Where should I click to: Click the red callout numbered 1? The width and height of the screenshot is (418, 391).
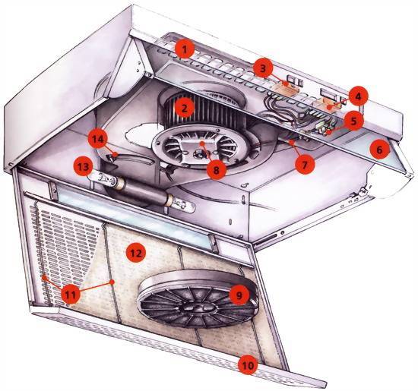click(x=185, y=49)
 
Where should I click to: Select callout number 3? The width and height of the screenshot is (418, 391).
click(x=263, y=68)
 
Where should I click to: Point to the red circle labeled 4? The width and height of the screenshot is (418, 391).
click(x=358, y=96)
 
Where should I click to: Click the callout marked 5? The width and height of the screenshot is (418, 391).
click(x=353, y=121)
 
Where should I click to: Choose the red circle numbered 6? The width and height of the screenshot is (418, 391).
click(x=379, y=150)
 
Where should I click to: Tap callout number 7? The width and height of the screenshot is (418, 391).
click(x=305, y=164)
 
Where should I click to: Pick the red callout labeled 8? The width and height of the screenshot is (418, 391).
click(x=216, y=169)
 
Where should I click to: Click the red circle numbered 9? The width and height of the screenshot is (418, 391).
click(x=239, y=295)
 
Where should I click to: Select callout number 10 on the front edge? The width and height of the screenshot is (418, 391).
click(x=248, y=365)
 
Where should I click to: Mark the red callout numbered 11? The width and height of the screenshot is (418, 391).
click(x=70, y=295)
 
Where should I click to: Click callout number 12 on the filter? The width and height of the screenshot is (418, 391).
click(x=136, y=253)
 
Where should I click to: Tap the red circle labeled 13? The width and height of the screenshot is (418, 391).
click(x=84, y=167)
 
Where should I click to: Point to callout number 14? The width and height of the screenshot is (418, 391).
click(x=98, y=139)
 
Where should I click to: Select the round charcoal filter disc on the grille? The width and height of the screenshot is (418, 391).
click(x=198, y=299)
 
